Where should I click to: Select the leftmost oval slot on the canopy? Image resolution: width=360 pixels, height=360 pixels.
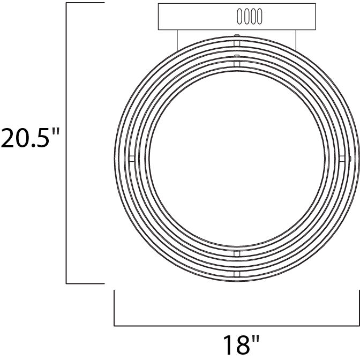click(239, 17)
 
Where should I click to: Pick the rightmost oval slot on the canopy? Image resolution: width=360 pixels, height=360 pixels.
click(259, 17)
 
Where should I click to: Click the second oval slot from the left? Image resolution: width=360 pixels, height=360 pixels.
click(246, 17)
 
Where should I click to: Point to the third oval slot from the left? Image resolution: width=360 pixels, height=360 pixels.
click(253, 17)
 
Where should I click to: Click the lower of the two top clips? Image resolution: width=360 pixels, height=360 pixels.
click(236, 62)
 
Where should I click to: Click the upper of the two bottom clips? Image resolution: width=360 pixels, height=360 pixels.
click(236, 252)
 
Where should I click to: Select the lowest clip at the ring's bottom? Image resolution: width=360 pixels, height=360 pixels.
click(236, 274)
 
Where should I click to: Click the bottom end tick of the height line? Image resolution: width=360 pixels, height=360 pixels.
click(85, 283)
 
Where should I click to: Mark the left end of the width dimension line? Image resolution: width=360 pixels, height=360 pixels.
click(114, 307)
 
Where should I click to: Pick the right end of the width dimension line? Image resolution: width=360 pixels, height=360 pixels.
click(358, 307)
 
